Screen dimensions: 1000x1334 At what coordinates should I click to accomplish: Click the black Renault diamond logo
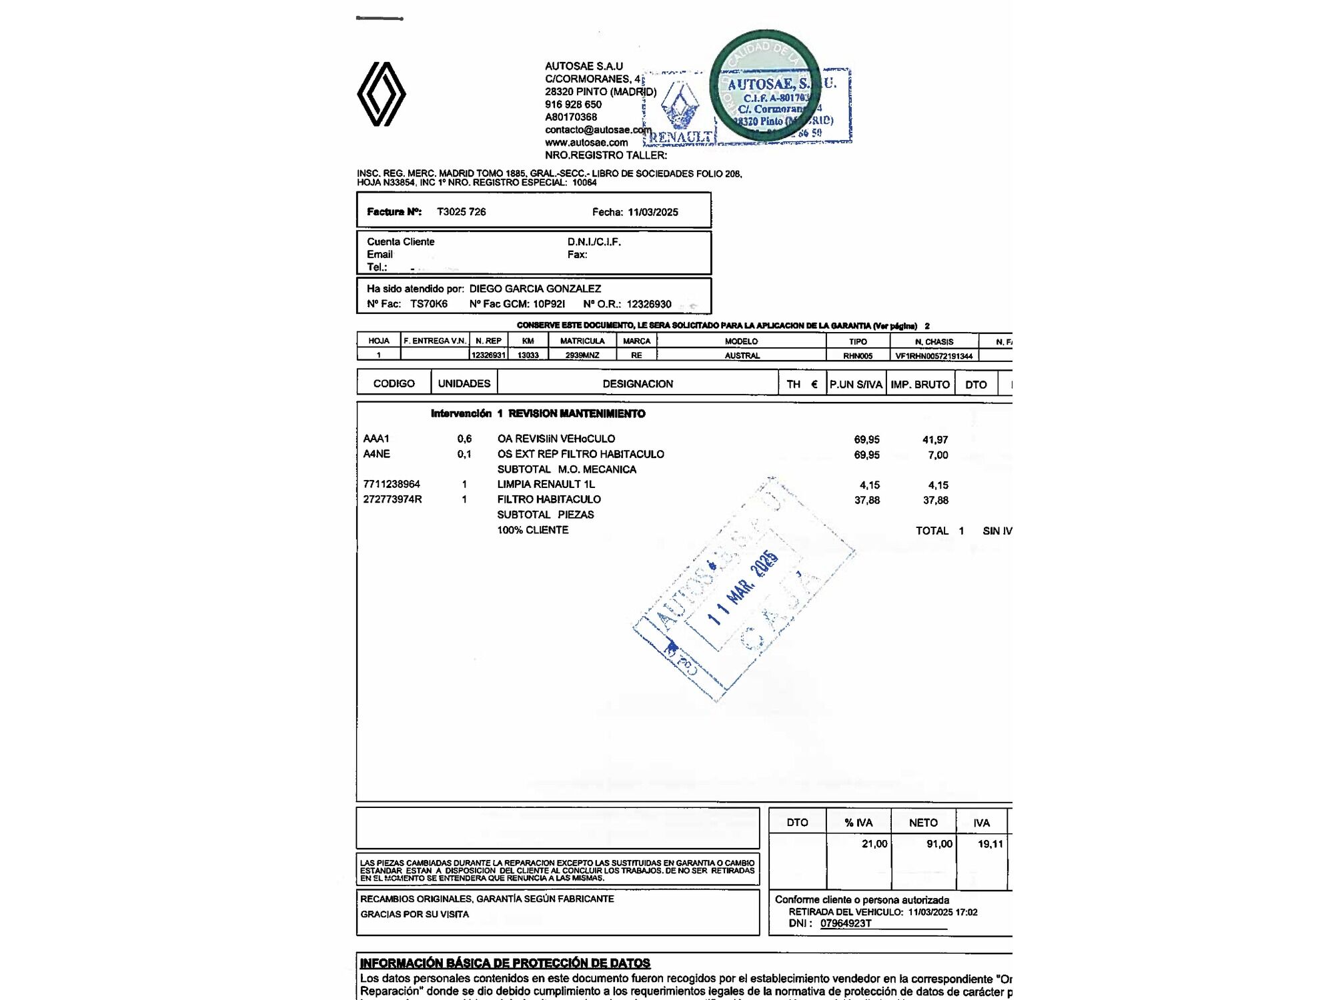coord(382,94)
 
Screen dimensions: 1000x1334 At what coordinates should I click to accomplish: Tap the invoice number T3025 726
coord(462,212)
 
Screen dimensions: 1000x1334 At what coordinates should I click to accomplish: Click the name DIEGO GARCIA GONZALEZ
coord(535,289)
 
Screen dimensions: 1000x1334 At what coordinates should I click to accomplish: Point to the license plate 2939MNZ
coord(582,355)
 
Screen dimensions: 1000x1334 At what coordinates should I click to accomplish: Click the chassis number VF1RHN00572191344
coord(934,356)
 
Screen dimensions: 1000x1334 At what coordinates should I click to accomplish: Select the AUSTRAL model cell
coord(742,355)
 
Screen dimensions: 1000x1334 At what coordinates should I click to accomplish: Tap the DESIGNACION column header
coord(638,384)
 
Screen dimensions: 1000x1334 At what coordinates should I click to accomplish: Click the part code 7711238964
coord(392,484)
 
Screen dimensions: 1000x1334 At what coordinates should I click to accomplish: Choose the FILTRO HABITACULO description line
coord(549,499)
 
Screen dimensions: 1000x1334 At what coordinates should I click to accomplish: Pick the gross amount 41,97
coord(935,440)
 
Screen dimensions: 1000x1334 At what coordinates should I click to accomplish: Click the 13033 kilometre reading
coord(528,355)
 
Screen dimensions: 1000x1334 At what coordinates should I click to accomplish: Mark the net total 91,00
coord(939,844)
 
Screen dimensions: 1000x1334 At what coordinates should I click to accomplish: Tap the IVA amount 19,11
coord(990,844)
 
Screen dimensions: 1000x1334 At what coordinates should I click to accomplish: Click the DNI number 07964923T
coord(846,923)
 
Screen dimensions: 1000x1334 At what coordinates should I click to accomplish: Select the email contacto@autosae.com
coord(598,130)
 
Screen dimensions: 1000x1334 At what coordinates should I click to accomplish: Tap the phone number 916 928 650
coord(573,105)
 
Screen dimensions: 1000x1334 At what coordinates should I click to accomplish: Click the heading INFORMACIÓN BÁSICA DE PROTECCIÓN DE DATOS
coord(505,963)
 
